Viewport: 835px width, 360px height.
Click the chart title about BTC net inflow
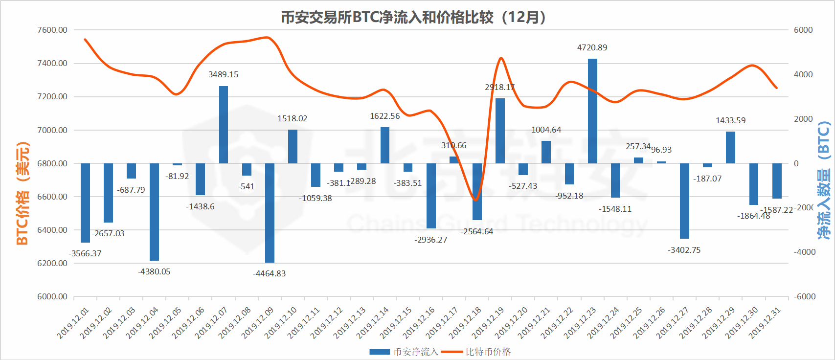click(413, 18)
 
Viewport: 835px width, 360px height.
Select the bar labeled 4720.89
click(592, 111)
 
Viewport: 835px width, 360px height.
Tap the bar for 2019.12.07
click(224, 125)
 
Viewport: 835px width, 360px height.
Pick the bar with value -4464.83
click(270, 213)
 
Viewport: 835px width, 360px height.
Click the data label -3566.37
click(85, 253)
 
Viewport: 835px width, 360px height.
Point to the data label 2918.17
click(499, 87)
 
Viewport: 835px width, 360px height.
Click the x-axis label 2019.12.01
click(73, 323)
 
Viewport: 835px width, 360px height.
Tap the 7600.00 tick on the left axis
click(52, 30)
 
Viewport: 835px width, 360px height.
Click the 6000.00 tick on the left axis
click(52, 296)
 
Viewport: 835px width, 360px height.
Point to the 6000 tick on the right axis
click(803, 30)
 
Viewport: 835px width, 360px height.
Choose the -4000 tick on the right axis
click(804, 252)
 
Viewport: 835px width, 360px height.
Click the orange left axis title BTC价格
click(23, 193)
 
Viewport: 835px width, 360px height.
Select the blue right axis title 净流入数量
click(824, 181)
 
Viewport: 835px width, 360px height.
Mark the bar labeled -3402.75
click(684, 201)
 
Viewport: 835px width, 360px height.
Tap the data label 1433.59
click(730, 120)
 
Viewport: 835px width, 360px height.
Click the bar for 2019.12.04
click(154, 212)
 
